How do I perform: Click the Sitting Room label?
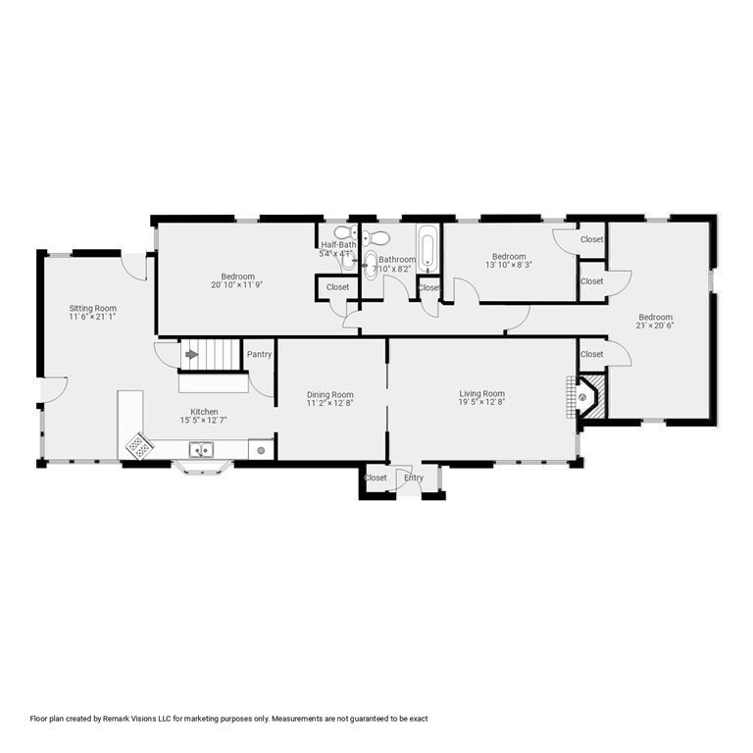click(93, 308)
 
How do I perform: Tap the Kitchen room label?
click(204, 412)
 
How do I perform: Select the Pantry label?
click(259, 354)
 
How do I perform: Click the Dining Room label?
click(329, 394)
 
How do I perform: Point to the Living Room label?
click(481, 393)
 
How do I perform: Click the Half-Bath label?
click(336, 245)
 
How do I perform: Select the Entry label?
click(414, 477)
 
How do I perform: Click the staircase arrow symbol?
click(191, 354)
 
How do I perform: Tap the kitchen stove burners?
click(137, 446)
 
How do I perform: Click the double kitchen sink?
click(203, 450)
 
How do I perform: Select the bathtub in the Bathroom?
click(428, 249)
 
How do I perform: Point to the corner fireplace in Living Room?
click(586, 397)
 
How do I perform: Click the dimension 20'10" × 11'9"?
click(237, 284)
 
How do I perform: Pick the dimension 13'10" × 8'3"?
click(511, 265)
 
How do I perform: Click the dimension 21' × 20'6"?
click(655, 326)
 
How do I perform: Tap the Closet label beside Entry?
click(376, 477)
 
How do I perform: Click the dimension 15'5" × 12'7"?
click(204, 421)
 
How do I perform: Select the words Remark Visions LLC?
click(133, 719)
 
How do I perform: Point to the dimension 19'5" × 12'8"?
click(481, 402)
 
